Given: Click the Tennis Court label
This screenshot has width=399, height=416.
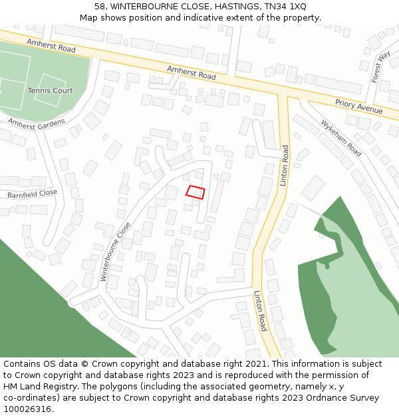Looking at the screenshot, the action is coord(50,91).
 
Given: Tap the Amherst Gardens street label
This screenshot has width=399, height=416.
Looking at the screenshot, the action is coord(37,123).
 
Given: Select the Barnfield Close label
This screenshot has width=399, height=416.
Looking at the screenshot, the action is coord(33,194).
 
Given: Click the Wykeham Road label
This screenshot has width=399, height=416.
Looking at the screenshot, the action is coord(341,138).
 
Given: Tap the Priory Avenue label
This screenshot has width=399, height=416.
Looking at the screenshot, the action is coord(359,106).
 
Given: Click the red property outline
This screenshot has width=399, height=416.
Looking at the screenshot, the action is coord(195,192).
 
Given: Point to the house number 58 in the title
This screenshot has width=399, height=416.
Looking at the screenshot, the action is coord(100,6).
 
